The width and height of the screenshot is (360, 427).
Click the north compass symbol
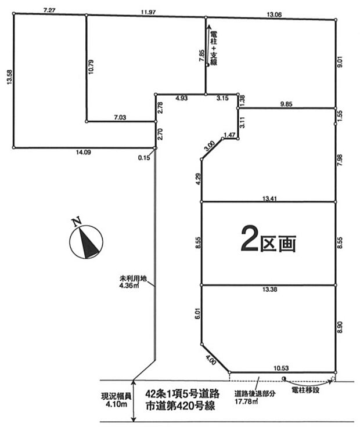86,239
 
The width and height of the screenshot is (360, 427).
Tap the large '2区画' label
268,239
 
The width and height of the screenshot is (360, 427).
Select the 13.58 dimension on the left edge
9,77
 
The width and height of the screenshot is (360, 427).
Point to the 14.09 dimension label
84,152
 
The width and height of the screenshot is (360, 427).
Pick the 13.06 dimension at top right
274,15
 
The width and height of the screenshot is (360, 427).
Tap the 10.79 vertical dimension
91,67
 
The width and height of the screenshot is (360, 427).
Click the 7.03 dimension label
120,117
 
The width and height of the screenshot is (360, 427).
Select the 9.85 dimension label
286,104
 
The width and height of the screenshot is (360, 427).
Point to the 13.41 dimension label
269,199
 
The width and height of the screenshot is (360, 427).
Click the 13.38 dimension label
269,290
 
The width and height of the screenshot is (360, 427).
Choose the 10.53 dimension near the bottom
281,368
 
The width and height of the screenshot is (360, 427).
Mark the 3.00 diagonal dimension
209,146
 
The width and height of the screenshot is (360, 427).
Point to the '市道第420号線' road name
181,406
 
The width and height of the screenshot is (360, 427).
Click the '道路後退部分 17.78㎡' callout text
252,397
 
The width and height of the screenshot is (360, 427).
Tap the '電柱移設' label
305,390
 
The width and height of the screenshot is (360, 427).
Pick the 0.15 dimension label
144,157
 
